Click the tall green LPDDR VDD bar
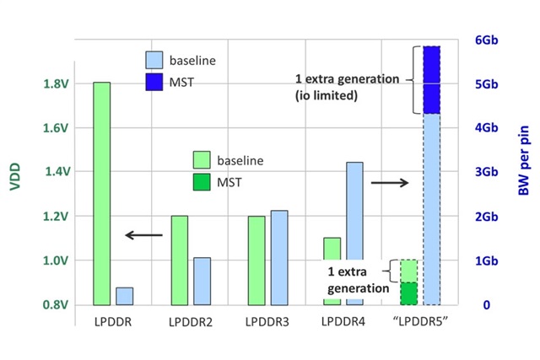tap(101, 193)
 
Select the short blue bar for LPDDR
tap(124, 296)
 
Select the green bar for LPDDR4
tap(332, 271)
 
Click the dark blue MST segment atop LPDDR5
tap(432, 79)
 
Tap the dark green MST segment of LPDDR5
tap(409, 293)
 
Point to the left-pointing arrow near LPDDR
tap(143, 234)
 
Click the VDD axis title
tap(14, 172)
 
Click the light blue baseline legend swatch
tap(155, 61)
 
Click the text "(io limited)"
tap(327, 96)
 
